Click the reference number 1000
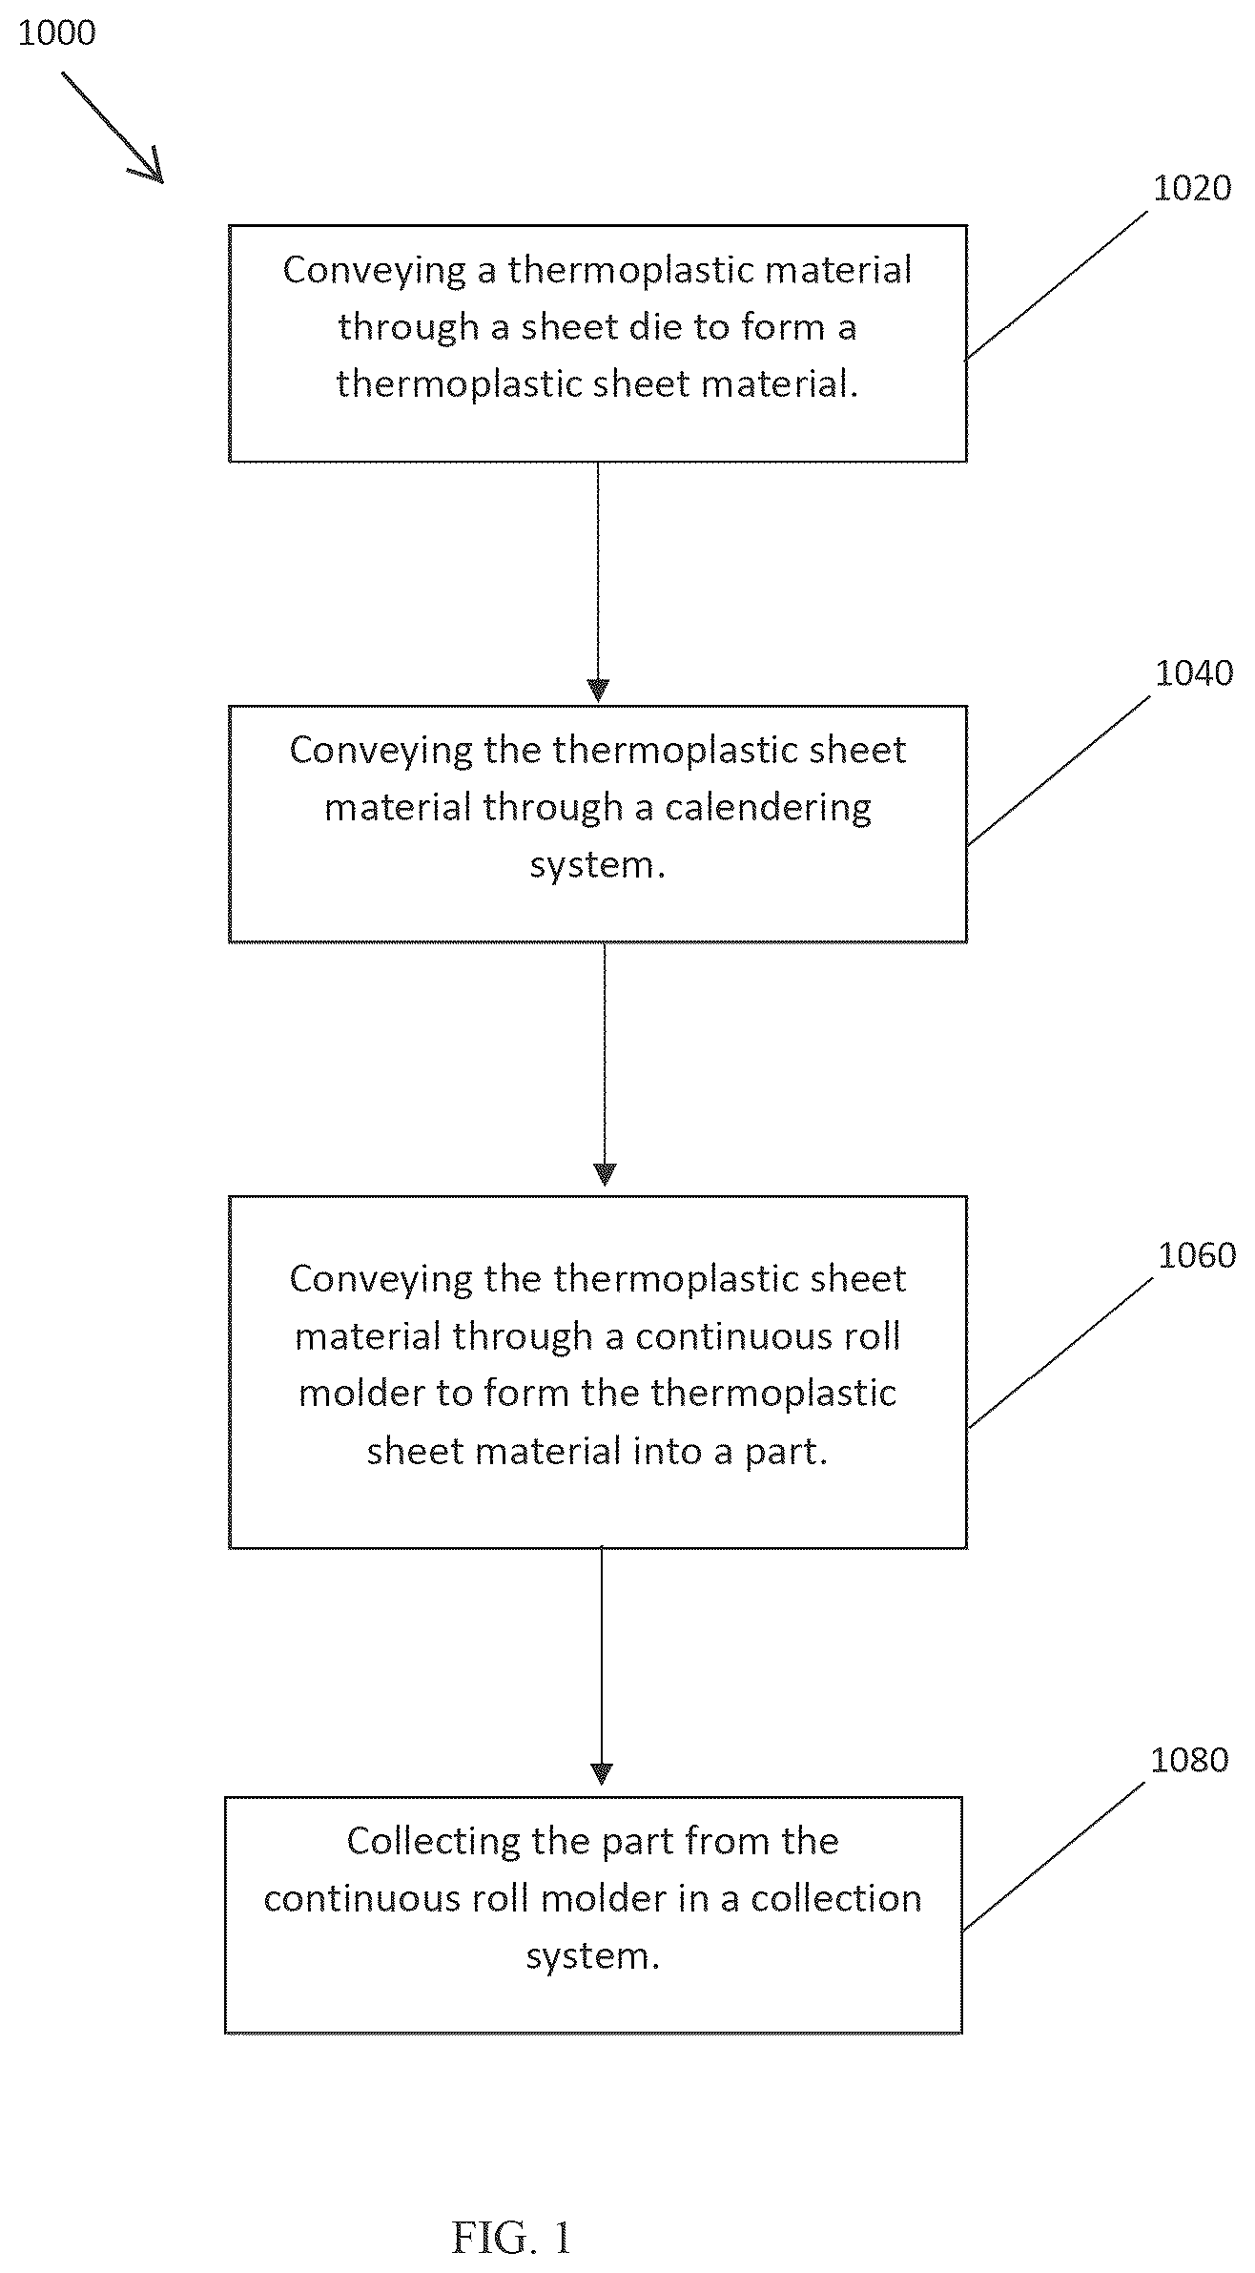coord(57,33)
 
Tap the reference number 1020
coord(1192,188)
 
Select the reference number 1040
coord(1194,673)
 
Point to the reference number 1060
coord(1197,1255)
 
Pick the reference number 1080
coord(1189,1760)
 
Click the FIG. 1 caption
coord(511,2238)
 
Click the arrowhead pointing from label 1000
coord(150,168)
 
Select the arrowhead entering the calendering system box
coord(598,691)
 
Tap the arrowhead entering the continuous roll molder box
coord(605,1174)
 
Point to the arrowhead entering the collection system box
coord(601,1774)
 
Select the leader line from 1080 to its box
coord(1053,1857)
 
